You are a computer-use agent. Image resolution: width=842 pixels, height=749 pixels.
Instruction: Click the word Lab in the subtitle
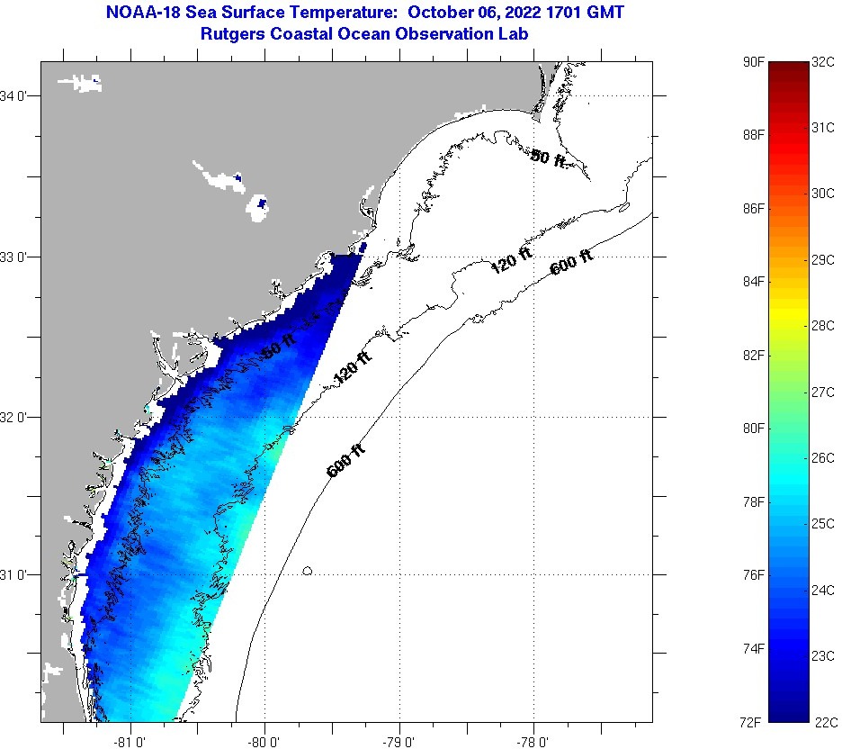514,33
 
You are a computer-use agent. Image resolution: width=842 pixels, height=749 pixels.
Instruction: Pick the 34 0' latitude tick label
17,95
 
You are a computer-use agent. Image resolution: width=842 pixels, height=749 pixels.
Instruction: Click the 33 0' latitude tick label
17,257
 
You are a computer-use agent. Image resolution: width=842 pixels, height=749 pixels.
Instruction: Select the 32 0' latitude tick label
17,417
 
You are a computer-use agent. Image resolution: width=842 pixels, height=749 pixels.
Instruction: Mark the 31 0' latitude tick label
17,574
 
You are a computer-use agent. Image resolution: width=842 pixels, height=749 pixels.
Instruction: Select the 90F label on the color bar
754,62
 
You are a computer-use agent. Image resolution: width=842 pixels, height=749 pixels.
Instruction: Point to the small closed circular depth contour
308,571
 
